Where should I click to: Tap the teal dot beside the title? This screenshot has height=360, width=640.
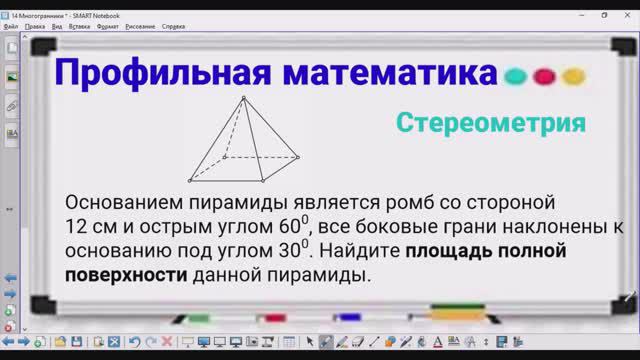pyautogui.click(x=516, y=76)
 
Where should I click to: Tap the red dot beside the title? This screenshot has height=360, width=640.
pyautogui.click(x=544, y=76)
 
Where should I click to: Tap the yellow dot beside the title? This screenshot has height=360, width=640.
pyautogui.click(x=572, y=76)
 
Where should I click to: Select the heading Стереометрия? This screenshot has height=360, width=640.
pyautogui.click(x=490, y=123)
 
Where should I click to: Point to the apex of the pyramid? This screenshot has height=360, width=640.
pyautogui.click(x=244, y=97)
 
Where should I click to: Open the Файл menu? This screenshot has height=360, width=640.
pyautogui.click(x=11, y=26)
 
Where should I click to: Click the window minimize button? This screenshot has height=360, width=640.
pyautogui.click(x=579, y=15)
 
